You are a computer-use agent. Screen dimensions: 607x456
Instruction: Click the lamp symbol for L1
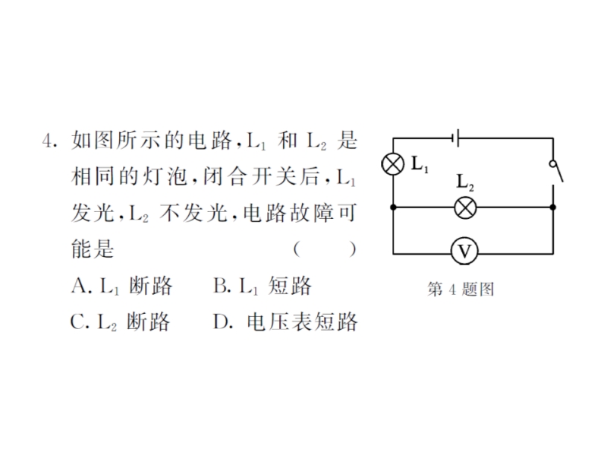click(x=393, y=164)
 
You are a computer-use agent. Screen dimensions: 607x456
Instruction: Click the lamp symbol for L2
click(x=465, y=207)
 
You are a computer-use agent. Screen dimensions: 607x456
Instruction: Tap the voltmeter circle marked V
click(x=464, y=252)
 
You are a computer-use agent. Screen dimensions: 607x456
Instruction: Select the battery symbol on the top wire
click(x=456, y=138)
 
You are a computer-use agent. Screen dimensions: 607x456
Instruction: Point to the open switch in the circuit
click(x=556, y=173)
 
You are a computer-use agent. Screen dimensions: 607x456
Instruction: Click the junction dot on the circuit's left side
click(x=393, y=207)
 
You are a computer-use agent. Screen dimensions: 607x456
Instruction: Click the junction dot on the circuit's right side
click(x=553, y=207)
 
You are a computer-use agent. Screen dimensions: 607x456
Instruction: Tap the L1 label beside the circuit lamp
click(x=420, y=164)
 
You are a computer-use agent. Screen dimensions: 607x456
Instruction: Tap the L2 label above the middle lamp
click(x=465, y=182)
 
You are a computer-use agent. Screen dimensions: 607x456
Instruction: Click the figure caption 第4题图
click(x=461, y=290)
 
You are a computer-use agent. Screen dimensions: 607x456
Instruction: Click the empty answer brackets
click(x=325, y=249)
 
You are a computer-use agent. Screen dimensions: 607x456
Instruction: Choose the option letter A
click(x=80, y=286)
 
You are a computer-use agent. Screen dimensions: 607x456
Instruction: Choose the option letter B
click(x=221, y=286)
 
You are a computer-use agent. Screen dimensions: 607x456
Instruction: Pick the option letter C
click(x=78, y=321)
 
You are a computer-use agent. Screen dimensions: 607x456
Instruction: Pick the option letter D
click(x=221, y=321)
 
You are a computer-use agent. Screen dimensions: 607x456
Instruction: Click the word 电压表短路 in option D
click(x=302, y=321)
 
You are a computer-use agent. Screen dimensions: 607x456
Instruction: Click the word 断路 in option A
click(x=150, y=286)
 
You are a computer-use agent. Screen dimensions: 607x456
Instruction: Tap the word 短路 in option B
click(x=290, y=286)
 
